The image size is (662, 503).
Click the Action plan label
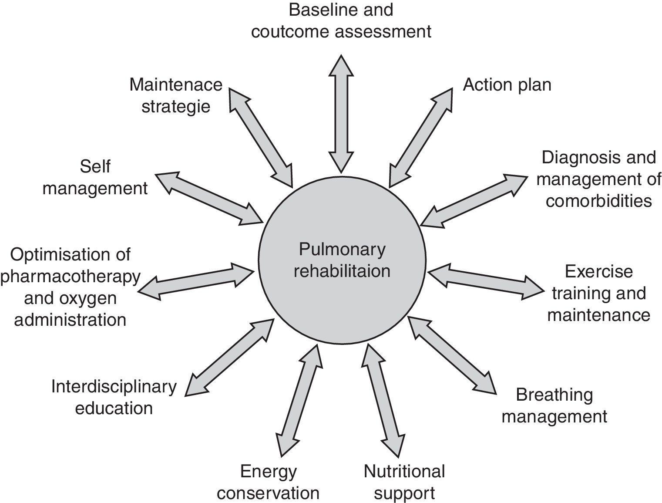(x=507, y=84)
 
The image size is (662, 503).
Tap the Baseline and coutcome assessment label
(x=341, y=20)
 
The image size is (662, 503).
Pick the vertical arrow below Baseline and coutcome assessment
(x=341, y=114)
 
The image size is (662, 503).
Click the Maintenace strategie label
(x=176, y=95)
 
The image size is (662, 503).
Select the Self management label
(x=95, y=177)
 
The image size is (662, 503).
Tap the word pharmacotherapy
(x=71, y=276)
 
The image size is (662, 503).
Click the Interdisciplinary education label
(x=114, y=397)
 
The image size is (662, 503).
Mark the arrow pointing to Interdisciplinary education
(x=229, y=358)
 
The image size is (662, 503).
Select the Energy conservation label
(x=268, y=482)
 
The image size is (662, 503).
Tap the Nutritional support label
(x=404, y=482)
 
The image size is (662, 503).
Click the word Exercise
(x=598, y=271)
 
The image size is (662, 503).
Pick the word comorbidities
(x=598, y=201)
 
